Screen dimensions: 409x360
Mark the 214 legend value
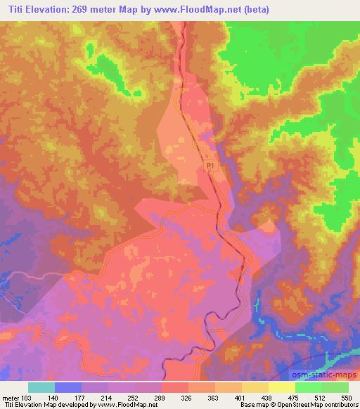tap(109, 397)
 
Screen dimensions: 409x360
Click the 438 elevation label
tap(268, 397)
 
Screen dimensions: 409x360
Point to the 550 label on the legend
tap(347, 397)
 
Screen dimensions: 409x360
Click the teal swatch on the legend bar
tap(42, 387)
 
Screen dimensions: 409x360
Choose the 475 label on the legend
tap(294, 397)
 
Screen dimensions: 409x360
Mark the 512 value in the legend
tap(321, 397)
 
